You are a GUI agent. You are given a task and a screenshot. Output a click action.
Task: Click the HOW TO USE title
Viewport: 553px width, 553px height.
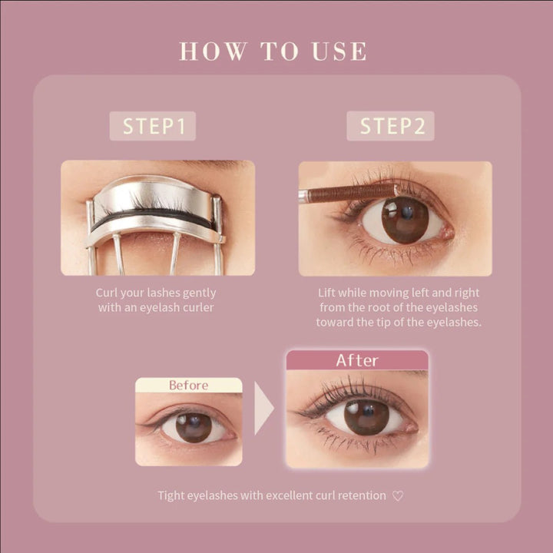(273, 51)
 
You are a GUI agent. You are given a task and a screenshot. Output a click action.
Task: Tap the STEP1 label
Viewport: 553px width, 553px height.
(153, 126)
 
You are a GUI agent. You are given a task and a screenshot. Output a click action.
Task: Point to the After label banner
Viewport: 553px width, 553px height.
(357, 360)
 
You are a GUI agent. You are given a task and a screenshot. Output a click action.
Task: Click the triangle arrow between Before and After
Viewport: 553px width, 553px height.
(263, 409)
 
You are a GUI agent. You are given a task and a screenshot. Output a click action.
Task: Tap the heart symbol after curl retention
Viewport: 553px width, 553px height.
(398, 496)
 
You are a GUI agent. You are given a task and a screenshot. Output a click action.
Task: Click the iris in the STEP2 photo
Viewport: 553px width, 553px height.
(405, 220)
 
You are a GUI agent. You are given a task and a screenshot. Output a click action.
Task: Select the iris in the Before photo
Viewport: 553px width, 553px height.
(193, 426)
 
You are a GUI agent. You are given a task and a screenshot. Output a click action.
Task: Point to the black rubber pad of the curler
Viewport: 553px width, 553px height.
(153, 218)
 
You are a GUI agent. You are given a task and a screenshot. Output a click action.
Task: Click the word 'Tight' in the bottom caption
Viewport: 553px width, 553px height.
(171, 496)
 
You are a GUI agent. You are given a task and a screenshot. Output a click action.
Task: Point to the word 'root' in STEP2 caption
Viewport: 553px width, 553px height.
(380, 307)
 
